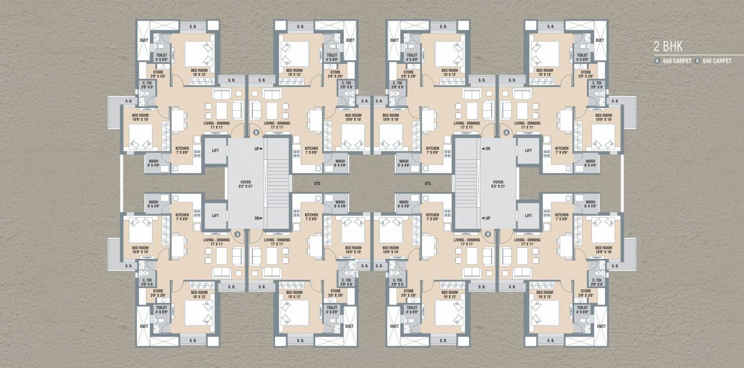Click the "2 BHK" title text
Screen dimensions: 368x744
(668, 47)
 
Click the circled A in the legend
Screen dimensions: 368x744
(658, 61)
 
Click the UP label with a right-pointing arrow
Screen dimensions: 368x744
(258, 149)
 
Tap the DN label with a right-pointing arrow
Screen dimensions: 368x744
(258, 218)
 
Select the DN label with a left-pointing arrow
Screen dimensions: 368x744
(486, 149)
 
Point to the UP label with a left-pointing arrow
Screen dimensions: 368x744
(486, 218)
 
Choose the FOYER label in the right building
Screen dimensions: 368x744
(498, 184)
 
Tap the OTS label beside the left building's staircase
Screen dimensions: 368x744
(316, 183)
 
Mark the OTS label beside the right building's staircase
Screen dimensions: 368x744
(428, 183)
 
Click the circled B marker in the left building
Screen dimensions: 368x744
(256, 133)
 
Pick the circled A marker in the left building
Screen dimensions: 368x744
(238, 234)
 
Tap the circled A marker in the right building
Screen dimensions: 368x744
(506, 133)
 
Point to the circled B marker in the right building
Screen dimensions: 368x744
(488, 234)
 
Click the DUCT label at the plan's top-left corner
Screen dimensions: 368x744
(144, 40)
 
